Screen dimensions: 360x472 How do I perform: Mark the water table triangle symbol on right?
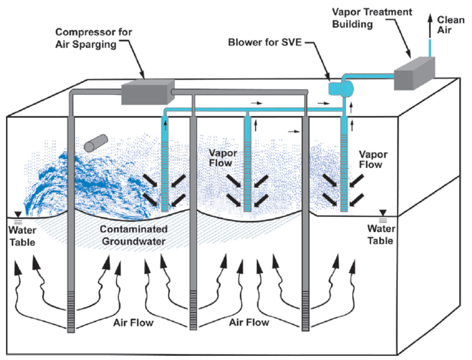[384, 212]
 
